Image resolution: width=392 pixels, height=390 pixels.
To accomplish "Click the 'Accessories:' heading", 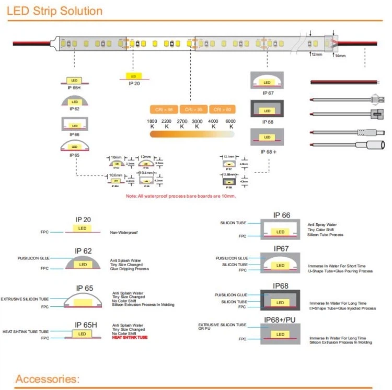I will pyautogui.click(x=47, y=378).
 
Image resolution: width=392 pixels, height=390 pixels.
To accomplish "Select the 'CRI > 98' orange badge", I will pyautogui.click(x=163, y=109).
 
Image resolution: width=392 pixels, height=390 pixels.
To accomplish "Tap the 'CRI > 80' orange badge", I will pyautogui.click(x=222, y=109).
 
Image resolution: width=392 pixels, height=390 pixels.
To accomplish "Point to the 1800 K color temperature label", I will pyautogui.click(x=152, y=124).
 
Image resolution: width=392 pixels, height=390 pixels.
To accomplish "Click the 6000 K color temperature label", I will pyautogui.click(x=230, y=124).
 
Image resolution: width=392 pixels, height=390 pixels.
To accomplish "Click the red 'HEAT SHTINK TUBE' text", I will pyautogui.click(x=130, y=338).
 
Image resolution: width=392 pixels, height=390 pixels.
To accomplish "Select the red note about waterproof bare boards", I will pyautogui.click(x=181, y=196).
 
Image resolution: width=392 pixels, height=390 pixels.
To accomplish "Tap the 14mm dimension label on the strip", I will pyautogui.click(x=340, y=55).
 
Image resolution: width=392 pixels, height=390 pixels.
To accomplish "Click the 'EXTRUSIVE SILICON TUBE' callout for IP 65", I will pyautogui.click(x=25, y=299).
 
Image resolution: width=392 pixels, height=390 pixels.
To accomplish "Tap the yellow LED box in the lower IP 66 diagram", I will pyautogui.click(x=280, y=232).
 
